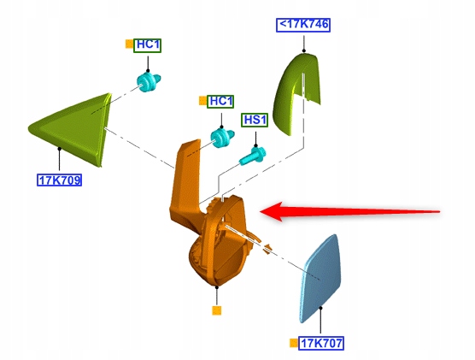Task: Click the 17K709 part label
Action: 60,180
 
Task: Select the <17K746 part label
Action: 303,25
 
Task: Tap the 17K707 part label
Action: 321,343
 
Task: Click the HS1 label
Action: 255,120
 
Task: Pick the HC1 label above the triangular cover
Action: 148,45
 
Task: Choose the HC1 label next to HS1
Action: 220,101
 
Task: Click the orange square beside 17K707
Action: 294,343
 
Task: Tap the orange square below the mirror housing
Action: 217,310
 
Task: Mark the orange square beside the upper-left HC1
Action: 129,44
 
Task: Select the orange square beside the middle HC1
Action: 202,101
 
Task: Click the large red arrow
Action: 350,211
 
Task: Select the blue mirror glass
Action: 320,279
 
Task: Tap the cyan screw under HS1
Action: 252,156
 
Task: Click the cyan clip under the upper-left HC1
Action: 148,82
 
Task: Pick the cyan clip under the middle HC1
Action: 222,139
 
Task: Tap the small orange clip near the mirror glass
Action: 267,248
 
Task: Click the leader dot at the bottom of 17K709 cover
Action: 60,149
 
